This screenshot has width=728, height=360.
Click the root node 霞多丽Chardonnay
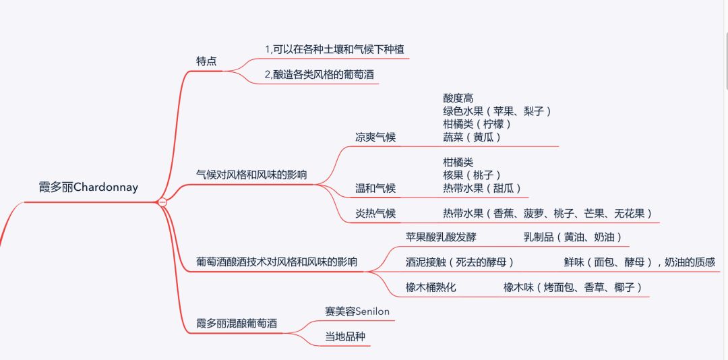pyautogui.click(x=88, y=187)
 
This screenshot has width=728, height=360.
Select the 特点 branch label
pyautogui.click(x=206, y=61)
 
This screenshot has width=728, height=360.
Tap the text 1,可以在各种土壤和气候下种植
pyautogui.click(x=335, y=49)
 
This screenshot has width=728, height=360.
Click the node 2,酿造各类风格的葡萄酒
pyautogui.click(x=320, y=75)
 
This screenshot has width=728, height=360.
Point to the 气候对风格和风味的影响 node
pyautogui.click(x=251, y=175)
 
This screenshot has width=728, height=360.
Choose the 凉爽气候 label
pyautogui.click(x=375, y=138)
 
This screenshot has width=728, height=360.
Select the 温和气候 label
pyautogui.click(x=375, y=188)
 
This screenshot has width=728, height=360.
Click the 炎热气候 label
pyautogui.click(x=375, y=214)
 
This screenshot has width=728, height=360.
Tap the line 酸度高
pyautogui.click(x=458, y=98)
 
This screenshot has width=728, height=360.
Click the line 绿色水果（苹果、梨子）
pyautogui.click(x=497, y=111)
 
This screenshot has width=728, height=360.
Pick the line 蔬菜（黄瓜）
pyautogui.click(x=472, y=137)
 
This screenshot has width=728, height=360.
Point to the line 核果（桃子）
pyautogui.click(x=472, y=175)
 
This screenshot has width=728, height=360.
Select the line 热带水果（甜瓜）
pyautogui.click(x=482, y=187)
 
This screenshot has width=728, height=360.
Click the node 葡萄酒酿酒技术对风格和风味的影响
pyautogui.click(x=277, y=262)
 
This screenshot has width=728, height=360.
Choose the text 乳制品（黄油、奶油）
pyautogui.click(x=572, y=237)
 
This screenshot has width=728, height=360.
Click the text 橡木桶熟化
pyautogui.click(x=431, y=288)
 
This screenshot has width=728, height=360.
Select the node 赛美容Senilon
pyautogui.click(x=357, y=311)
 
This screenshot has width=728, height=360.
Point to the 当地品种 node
pyautogui.click(x=345, y=336)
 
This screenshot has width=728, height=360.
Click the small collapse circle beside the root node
pyautogui.click(x=162, y=202)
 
